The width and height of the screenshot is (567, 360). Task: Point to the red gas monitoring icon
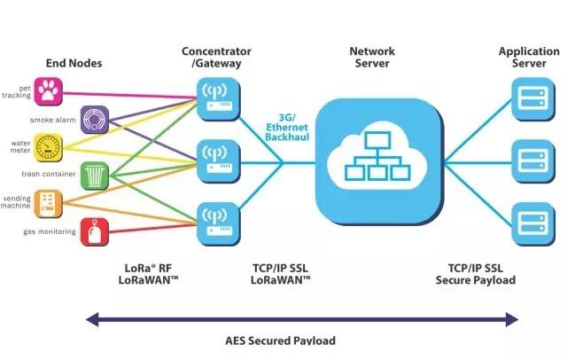click(x=95, y=231)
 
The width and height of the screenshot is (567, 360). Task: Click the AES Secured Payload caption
click(x=292, y=340)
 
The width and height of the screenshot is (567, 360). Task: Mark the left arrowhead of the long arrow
click(x=89, y=318)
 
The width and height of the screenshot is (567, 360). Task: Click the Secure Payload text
click(x=475, y=280)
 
